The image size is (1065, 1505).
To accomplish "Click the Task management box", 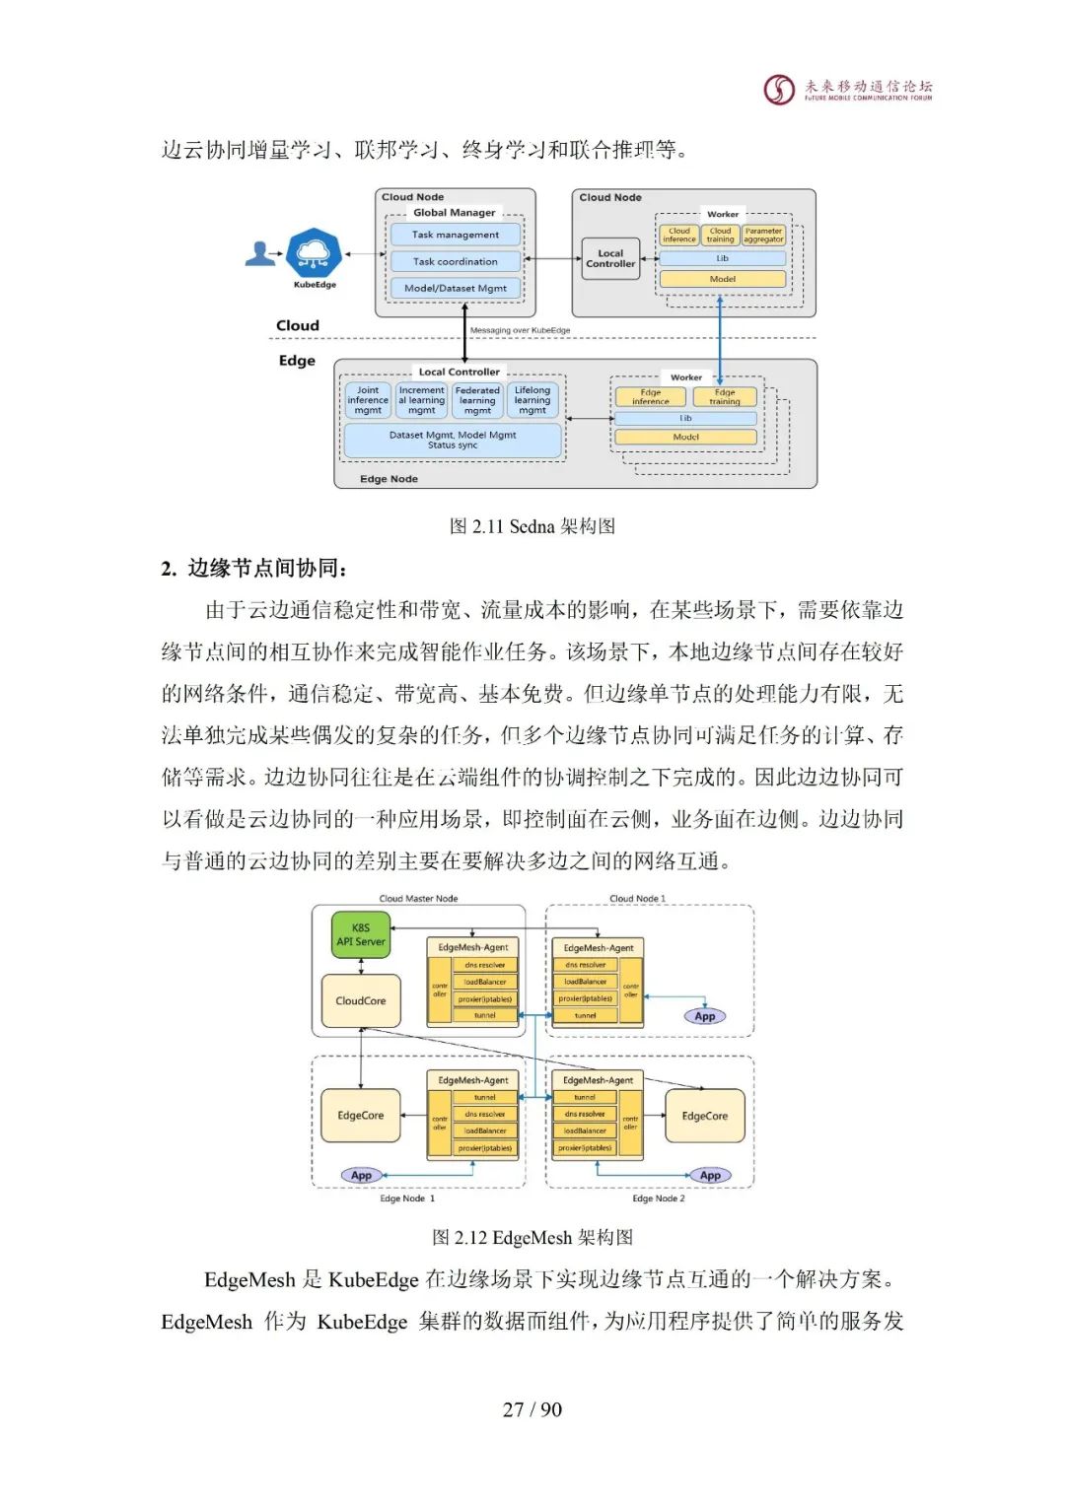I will tap(455, 235).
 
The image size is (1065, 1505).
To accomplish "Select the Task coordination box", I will tap(455, 261).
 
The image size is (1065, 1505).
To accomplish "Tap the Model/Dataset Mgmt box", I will tap(455, 288).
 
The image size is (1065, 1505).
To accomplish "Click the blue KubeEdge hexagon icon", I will tap(314, 253).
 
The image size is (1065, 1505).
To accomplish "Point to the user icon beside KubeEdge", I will tap(260, 254).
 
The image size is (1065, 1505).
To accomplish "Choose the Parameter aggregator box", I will tap(763, 236).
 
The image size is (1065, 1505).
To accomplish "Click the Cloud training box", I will tap(720, 236).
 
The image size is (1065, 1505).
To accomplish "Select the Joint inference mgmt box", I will tap(368, 400).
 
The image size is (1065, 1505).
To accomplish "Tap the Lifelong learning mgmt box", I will tap(532, 400).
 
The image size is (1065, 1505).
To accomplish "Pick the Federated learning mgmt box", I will tap(477, 400).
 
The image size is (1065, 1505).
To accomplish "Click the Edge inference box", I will tap(650, 397).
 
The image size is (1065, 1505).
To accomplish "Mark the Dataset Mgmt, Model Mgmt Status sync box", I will tap(452, 441).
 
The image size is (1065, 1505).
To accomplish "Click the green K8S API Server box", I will tap(361, 934).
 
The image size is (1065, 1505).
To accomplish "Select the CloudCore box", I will tap(361, 1000).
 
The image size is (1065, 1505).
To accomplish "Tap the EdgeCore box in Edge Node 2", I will tap(704, 1116).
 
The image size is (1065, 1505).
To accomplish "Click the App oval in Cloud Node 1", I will tap(705, 1016).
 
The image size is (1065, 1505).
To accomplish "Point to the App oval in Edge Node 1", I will tap(362, 1175).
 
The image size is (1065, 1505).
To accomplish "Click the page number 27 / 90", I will tap(532, 1409).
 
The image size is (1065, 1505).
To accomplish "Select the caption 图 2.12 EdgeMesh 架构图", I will tap(532, 1237).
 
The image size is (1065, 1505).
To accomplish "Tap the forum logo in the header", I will tap(780, 90).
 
